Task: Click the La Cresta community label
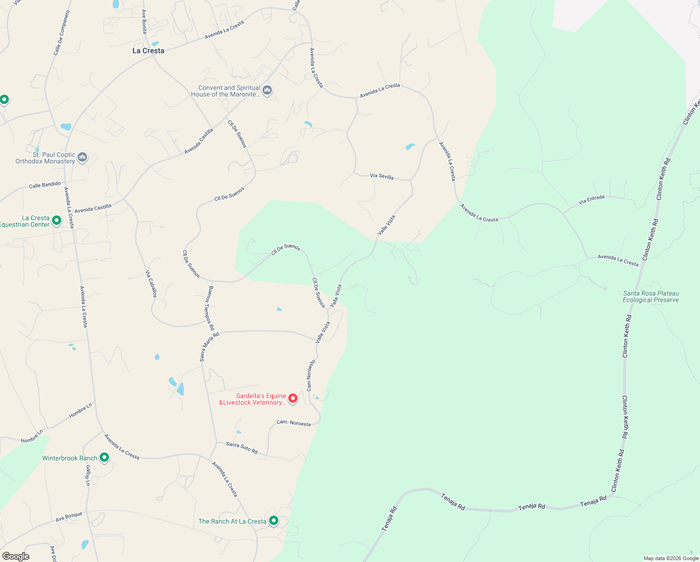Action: pyautogui.click(x=148, y=51)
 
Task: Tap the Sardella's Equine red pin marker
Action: pyautogui.click(x=293, y=399)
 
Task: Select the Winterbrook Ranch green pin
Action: pyautogui.click(x=104, y=458)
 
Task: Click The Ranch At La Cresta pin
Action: pyautogui.click(x=274, y=521)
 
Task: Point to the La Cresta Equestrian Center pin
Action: pyautogui.click(x=57, y=220)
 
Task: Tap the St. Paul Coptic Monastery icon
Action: pyautogui.click(x=82, y=157)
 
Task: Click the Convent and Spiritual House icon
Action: pyautogui.click(x=267, y=90)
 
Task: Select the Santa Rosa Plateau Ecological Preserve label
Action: pyautogui.click(x=650, y=296)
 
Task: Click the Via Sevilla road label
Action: pyautogui.click(x=381, y=177)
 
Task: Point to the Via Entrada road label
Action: pyautogui.click(x=591, y=200)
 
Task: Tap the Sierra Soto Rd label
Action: pyautogui.click(x=241, y=447)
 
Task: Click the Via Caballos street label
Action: pyautogui.click(x=151, y=284)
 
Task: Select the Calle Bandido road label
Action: pyautogui.click(x=45, y=185)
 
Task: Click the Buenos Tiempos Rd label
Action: pyautogui.click(x=209, y=308)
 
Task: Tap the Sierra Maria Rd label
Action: pyautogui.click(x=209, y=347)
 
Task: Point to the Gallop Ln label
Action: pyautogui.click(x=87, y=476)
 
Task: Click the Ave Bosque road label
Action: pyautogui.click(x=69, y=517)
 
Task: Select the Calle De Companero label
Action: pyautogui.click(x=61, y=33)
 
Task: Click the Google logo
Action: pyautogui.click(x=16, y=556)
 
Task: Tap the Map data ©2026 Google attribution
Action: pyautogui.click(x=671, y=558)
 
